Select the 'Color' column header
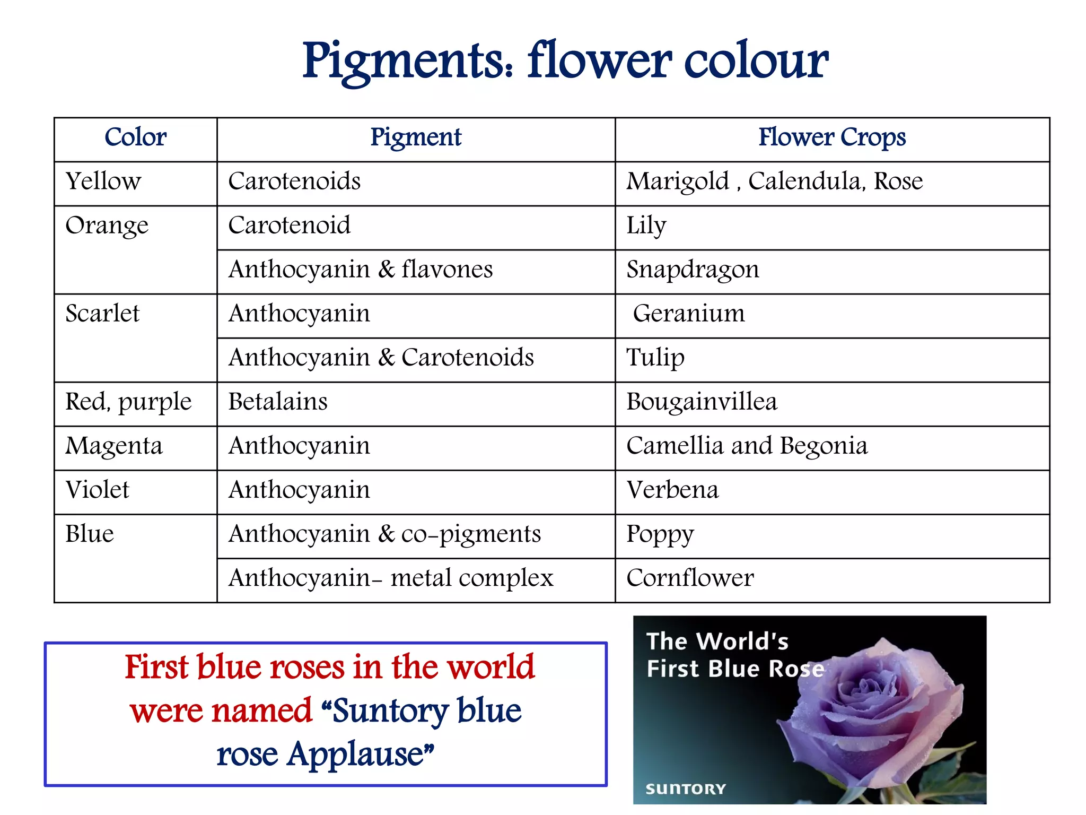(135, 137)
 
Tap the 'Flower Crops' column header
(831, 137)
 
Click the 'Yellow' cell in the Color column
(103, 181)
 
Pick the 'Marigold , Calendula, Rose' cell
(774, 181)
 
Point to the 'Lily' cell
(646, 226)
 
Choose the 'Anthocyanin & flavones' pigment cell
(361, 270)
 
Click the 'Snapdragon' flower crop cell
(693, 270)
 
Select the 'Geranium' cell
(688, 314)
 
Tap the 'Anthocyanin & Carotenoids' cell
(381, 358)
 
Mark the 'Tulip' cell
(655, 358)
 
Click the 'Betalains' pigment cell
(278, 402)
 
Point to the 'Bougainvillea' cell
(702, 402)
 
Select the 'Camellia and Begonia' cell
(747, 446)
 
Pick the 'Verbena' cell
(672, 490)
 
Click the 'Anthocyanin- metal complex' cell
(391, 578)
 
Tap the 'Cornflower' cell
(690, 578)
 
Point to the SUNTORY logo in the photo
(685, 789)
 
